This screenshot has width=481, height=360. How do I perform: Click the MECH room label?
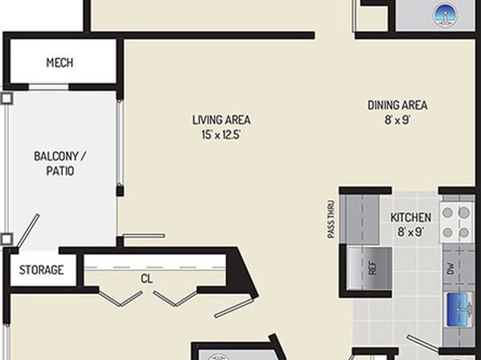(60, 63)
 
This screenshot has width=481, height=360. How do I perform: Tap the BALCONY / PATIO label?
(60, 163)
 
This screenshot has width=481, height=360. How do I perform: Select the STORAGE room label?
(41, 270)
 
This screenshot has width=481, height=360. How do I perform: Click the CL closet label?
(147, 278)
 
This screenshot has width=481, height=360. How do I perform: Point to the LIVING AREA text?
(221, 119)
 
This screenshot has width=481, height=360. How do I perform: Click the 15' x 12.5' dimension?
(221, 135)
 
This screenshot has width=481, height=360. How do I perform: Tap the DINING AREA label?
(398, 105)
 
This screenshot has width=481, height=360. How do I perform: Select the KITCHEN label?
(411, 217)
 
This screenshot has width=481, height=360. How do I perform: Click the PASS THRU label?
(331, 219)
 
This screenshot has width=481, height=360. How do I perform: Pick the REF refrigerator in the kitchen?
(370, 268)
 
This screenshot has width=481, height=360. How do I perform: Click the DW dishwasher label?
(450, 269)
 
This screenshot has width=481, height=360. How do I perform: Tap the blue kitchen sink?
(458, 309)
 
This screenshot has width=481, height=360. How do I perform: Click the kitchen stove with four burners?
(456, 222)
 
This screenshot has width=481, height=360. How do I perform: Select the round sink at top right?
(445, 15)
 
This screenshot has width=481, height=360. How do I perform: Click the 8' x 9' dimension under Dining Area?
(397, 119)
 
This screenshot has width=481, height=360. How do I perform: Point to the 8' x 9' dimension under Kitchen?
(411, 232)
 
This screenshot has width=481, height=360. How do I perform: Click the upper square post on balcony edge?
(6, 98)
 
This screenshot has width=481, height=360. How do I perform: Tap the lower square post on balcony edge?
(6, 239)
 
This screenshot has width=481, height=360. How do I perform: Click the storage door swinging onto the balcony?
(28, 231)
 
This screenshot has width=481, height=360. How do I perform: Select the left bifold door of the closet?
(120, 299)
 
